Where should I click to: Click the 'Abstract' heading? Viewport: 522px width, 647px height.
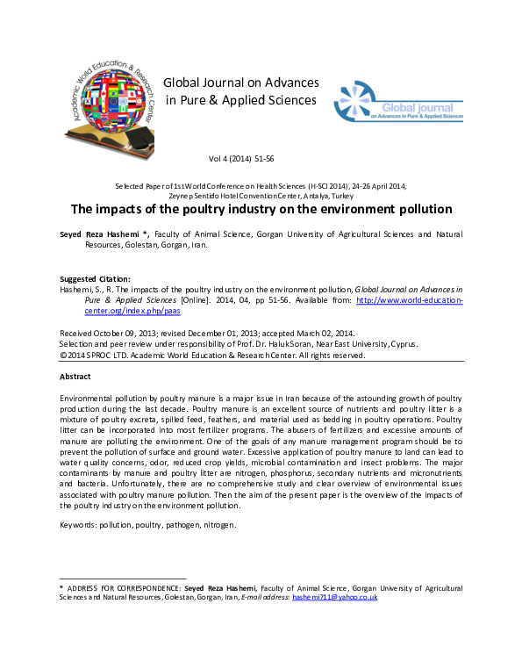click(x=75, y=376)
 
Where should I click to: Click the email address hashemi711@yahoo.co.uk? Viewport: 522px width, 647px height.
click(x=334, y=597)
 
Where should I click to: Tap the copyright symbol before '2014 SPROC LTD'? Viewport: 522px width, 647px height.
click(x=63, y=356)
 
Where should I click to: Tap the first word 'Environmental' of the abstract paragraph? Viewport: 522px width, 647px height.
click(x=90, y=399)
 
